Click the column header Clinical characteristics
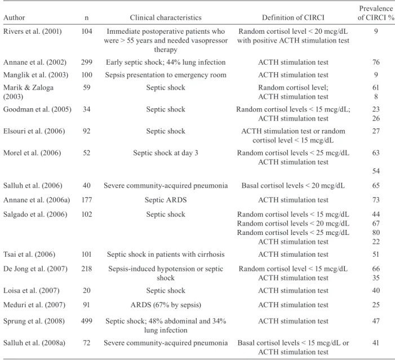click(166, 17)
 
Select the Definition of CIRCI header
click(293, 17)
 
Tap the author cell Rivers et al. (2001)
click(33, 31)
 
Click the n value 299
click(86, 62)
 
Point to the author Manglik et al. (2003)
click(35, 75)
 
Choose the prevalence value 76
click(376, 62)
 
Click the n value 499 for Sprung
click(86, 321)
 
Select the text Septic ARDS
click(166, 200)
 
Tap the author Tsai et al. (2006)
click(29, 254)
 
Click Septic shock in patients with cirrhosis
click(166, 254)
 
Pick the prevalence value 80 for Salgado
click(376, 232)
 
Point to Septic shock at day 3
click(166, 153)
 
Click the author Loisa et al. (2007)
click(32, 291)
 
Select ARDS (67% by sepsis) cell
click(166, 305)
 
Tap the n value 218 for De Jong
click(86, 269)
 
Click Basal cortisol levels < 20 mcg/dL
click(293, 185)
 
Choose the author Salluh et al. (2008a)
click(34, 343)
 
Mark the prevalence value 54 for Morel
click(376, 171)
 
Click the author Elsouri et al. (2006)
click(34, 131)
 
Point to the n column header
click(86, 17)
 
